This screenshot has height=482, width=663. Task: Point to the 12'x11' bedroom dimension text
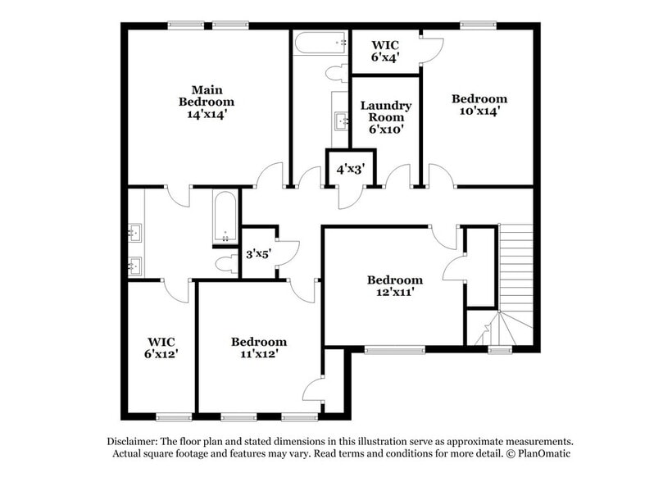395,291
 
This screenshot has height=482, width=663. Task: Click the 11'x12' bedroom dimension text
259,353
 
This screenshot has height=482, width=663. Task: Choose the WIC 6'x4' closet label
385,51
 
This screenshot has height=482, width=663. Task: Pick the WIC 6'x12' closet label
161,348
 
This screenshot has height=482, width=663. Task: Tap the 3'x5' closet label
259,254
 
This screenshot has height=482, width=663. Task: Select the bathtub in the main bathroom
225,217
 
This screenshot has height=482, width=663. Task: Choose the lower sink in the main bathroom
136,266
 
